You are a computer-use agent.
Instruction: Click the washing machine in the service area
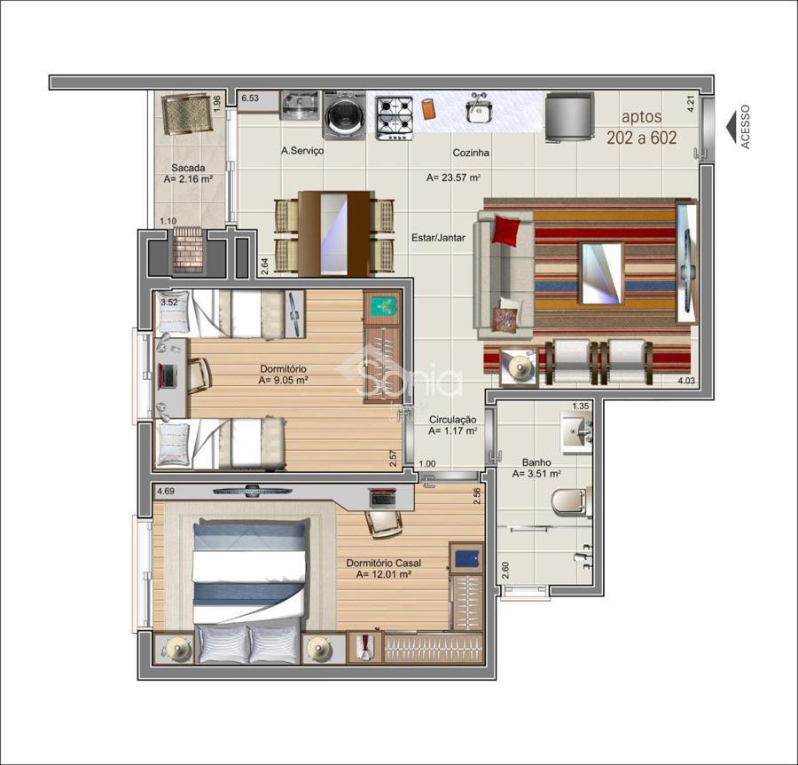[x=346, y=115]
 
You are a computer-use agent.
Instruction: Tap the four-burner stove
[x=395, y=118]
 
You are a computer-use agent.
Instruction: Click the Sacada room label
[x=188, y=168]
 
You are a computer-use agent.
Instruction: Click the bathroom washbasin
[x=576, y=432]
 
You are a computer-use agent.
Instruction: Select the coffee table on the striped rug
[x=602, y=272]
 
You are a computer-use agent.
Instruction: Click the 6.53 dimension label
[x=250, y=98]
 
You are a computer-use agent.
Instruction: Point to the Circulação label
[x=453, y=419]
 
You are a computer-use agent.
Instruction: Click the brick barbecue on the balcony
[x=188, y=250]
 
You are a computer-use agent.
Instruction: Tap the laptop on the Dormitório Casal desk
[x=383, y=497]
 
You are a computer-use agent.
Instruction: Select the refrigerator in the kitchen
[x=569, y=118]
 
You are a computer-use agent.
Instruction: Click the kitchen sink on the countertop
[x=478, y=109]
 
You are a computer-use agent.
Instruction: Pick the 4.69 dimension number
[x=166, y=492]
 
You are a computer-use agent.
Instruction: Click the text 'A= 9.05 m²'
[x=284, y=380]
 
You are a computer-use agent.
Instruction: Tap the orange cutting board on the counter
[x=428, y=108]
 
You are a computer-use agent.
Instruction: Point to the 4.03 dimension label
[x=686, y=380]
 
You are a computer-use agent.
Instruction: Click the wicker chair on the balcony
[x=186, y=114]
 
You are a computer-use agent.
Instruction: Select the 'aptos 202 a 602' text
[x=642, y=127]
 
